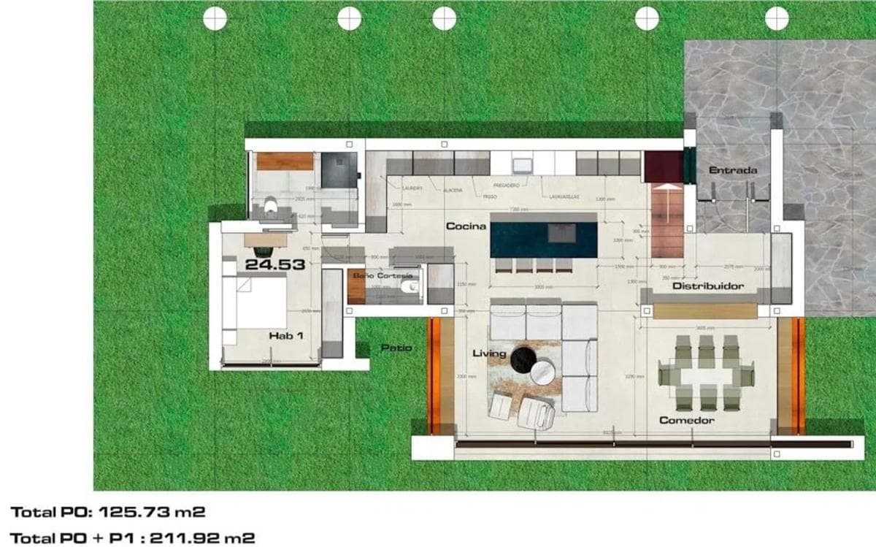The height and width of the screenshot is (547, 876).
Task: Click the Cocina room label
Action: [x=466, y=226]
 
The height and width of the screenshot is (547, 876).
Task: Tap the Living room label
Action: [x=489, y=354]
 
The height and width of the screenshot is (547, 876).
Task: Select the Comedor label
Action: [x=686, y=421]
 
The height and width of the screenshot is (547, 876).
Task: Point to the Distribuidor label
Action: [x=707, y=286]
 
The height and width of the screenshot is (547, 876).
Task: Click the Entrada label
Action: [x=733, y=171]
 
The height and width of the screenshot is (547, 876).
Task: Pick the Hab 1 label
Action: [x=285, y=336]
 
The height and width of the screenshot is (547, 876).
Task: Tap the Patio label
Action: [x=396, y=348]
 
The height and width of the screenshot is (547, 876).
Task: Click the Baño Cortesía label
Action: [x=383, y=276]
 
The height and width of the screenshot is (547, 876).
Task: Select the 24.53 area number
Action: [x=274, y=265]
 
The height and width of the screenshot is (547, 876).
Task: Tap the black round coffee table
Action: [x=523, y=359]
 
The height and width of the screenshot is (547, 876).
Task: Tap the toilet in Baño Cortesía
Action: [x=410, y=289]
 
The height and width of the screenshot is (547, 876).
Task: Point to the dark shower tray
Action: [x=339, y=170]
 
